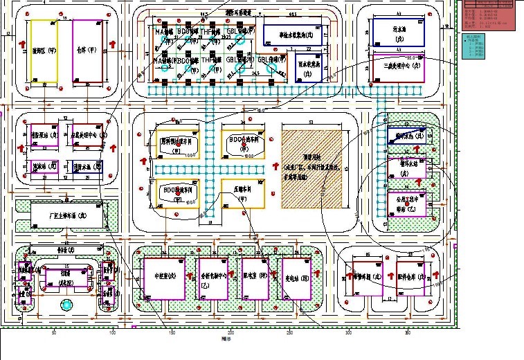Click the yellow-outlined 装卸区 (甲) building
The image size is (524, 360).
tap(43, 52)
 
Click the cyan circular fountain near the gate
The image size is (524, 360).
tap(66, 305)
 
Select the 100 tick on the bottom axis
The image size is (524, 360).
tap(112, 334)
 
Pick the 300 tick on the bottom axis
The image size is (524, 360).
tap(348, 334)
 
